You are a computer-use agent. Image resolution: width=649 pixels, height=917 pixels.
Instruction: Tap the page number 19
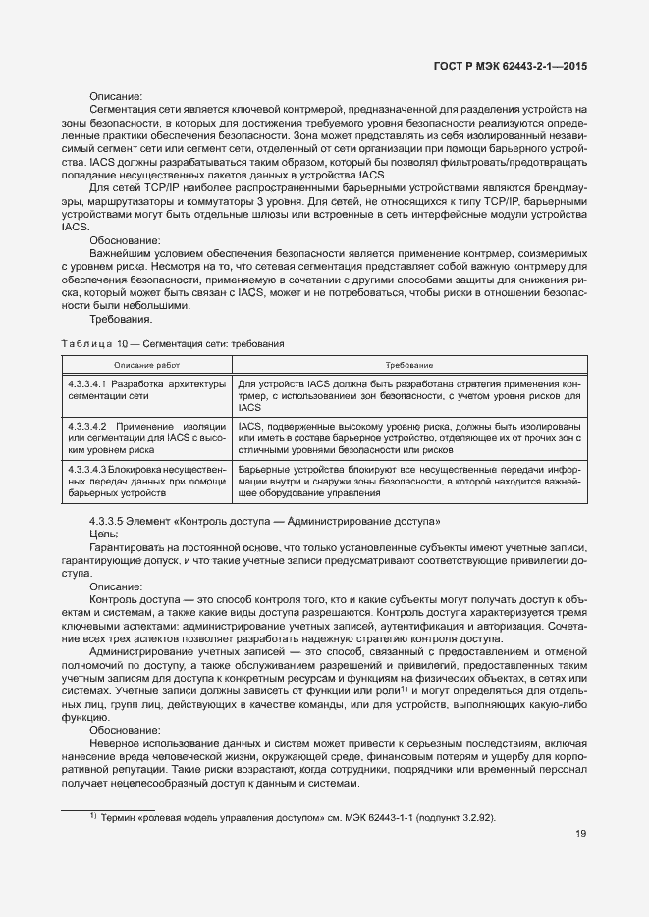click(581, 834)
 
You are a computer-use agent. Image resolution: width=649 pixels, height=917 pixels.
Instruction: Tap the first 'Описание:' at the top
click(116, 96)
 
